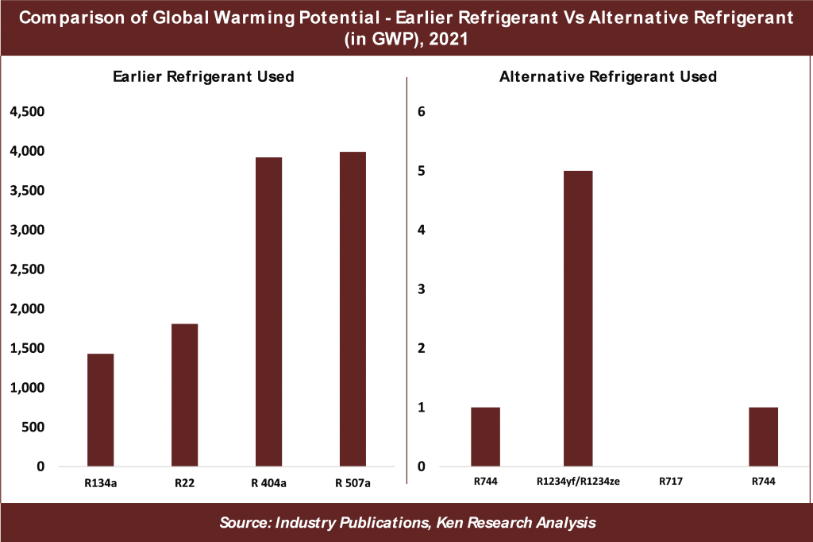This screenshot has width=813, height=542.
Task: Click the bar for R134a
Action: (x=101, y=409)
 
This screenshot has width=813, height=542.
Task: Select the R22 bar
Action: (x=185, y=394)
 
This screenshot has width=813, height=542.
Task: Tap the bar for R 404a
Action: (x=269, y=312)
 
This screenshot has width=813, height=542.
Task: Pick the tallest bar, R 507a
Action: (x=353, y=308)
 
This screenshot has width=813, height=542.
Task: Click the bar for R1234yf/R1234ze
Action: (x=578, y=318)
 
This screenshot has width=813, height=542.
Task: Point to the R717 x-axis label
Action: (x=671, y=481)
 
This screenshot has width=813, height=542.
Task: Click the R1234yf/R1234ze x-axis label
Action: (x=578, y=481)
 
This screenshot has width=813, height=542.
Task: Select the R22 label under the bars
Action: (x=185, y=481)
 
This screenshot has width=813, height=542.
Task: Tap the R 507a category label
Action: (x=353, y=481)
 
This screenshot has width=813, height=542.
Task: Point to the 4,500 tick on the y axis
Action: (x=28, y=112)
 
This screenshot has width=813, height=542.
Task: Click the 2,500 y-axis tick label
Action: (x=28, y=269)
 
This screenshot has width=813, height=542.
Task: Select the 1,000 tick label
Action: (x=28, y=388)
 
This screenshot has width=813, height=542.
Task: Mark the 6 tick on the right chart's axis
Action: (x=422, y=112)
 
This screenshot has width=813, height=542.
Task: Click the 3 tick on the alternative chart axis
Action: (x=422, y=289)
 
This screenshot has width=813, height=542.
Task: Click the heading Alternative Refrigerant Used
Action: (x=609, y=77)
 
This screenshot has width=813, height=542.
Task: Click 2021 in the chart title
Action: (x=449, y=41)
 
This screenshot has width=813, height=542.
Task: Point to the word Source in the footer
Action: (x=244, y=523)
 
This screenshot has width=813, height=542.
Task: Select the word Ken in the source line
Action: (x=468, y=523)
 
